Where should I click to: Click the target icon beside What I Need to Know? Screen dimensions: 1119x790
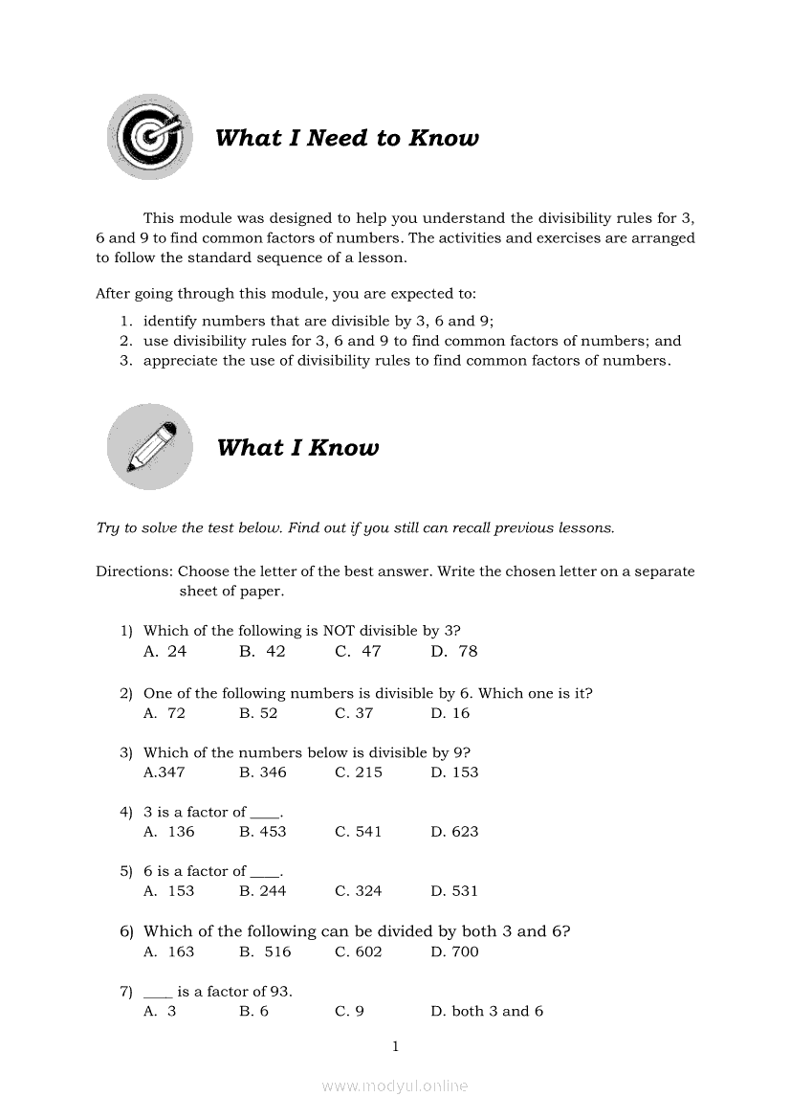147,137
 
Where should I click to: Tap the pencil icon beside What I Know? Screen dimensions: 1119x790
149,447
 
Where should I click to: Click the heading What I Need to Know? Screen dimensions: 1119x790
347,138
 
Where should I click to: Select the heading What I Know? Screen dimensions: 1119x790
297,448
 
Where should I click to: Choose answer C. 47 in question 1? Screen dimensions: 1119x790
358,651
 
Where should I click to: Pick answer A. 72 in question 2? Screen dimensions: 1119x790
165,713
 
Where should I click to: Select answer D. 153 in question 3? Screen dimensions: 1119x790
454,772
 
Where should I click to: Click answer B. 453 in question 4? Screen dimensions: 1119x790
263,832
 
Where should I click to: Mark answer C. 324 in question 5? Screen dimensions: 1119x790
359,891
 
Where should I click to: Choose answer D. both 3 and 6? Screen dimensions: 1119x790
487,1011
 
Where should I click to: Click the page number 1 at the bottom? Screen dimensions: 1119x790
395,1046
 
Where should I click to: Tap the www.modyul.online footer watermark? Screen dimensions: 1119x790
395,1085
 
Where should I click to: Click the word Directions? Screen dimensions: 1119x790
134,571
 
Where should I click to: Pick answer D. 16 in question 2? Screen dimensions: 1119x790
450,713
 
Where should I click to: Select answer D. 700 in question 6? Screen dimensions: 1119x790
454,951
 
